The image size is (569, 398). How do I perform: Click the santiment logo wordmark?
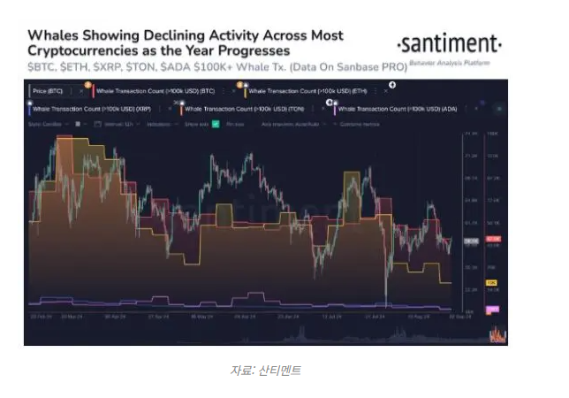(449, 43)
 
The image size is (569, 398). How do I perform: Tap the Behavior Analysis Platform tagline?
(451, 63)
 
